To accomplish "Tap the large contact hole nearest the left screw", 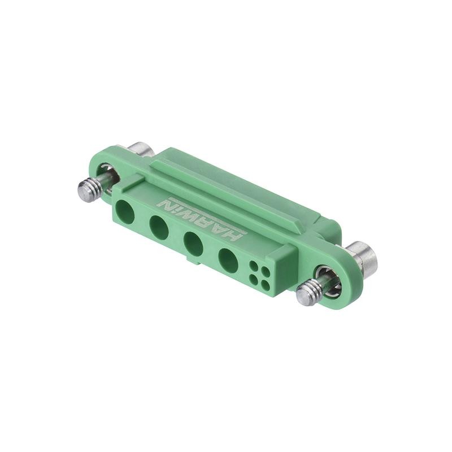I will click(124, 213).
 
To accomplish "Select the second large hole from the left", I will click(159, 228).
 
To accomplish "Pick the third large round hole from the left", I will click(193, 244).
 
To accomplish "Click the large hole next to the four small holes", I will click(228, 260).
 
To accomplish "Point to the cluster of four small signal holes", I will click(259, 272).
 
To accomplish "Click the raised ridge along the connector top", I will click(226, 184).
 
